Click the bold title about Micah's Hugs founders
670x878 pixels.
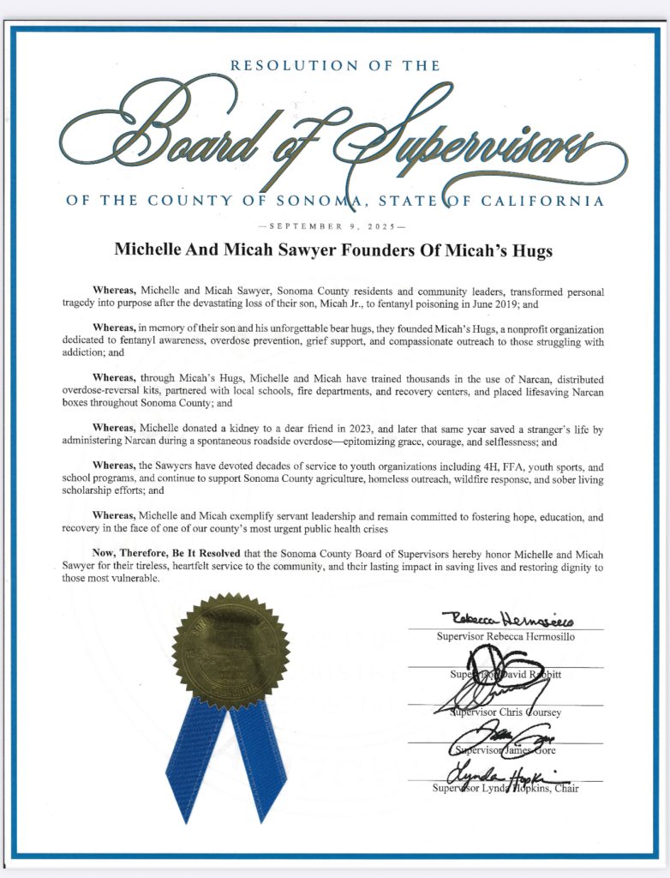coord(334,250)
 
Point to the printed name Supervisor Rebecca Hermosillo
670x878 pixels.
coord(506,637)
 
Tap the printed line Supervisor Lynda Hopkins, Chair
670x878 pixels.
coord(506,789)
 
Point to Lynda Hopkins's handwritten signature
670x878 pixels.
coord(501,774)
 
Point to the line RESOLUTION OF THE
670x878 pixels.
coord(334,65)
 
